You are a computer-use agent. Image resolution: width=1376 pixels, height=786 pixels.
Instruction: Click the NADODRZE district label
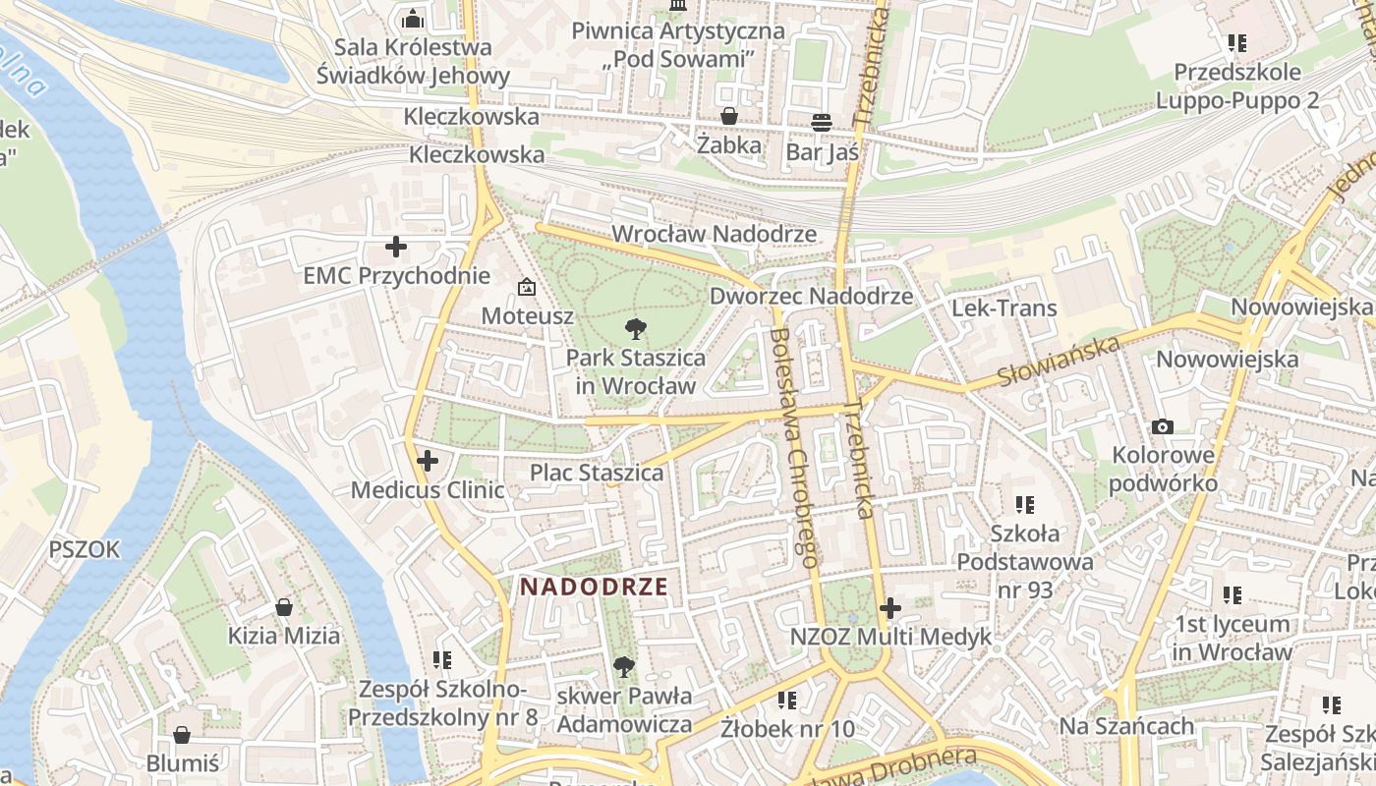(x=594, y=588)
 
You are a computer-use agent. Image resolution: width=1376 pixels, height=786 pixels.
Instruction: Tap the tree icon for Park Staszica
(x=635, y=329)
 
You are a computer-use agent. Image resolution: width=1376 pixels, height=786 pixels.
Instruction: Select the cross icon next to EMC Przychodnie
(x=396, y=247)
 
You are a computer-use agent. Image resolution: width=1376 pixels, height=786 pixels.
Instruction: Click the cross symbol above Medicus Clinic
(x=427, y=460)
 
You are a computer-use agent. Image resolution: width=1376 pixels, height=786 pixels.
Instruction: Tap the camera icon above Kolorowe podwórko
(x=1163, y=426)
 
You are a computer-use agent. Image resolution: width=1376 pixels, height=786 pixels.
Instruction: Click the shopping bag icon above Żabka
(x=729, y=116)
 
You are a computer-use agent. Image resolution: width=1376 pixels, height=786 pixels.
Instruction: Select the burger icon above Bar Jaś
(x=822, y=122)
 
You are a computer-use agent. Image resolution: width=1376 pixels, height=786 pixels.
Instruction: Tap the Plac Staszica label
(x=597, y=473)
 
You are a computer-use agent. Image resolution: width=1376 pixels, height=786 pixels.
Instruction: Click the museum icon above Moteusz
(x=527, y=287)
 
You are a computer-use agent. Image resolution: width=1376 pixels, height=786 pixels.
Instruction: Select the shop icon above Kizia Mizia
(x=284, y=607)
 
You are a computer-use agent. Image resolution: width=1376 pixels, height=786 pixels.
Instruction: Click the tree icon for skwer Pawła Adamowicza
(x=623, y=668)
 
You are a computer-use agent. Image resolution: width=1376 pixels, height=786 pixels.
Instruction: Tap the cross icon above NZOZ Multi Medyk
(x=890, y=608)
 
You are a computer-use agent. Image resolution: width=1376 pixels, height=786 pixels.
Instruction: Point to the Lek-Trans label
(x=1003, y=308)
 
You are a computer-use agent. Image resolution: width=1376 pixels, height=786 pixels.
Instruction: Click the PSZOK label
(x=85, y=549)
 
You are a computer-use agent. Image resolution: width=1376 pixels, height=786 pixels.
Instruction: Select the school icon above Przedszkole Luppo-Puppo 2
(x=1236, y=43)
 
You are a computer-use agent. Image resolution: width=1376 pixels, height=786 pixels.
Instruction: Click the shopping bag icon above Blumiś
(x=182, y=735)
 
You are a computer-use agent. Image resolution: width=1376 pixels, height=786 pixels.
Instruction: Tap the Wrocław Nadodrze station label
(x=714, y=234)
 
